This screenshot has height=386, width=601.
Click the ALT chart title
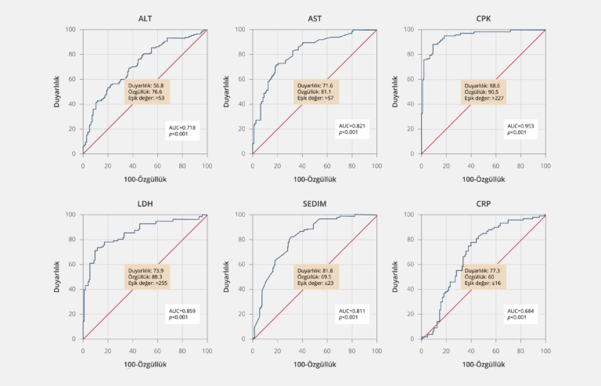[145, 19]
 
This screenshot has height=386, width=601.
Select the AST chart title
[314, 19]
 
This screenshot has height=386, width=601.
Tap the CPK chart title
[483, 19]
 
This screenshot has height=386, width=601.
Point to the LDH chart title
[145, 204]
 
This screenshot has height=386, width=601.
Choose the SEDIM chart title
[314, 204]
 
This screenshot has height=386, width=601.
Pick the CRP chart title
[483, 204]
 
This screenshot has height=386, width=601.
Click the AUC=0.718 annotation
[184, 130]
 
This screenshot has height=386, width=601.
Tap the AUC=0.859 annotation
[184, 316]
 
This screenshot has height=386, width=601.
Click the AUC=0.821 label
[353, 130]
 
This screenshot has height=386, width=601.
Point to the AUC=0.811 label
[353, 316]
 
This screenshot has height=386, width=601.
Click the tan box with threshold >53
[148, 92]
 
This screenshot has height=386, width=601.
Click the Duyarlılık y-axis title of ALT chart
[57, 92]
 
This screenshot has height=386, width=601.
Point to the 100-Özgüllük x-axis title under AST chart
[314, 179]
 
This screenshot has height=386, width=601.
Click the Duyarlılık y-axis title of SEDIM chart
[226, 277]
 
